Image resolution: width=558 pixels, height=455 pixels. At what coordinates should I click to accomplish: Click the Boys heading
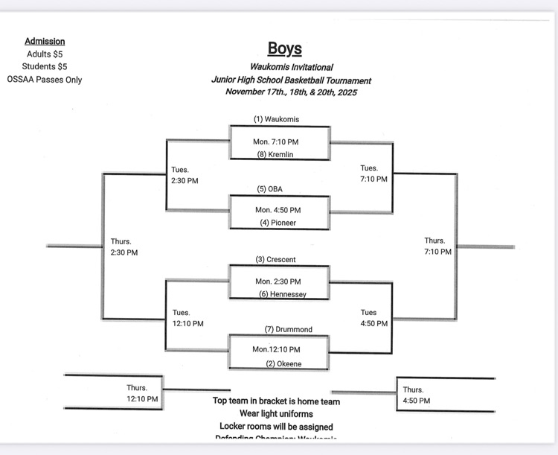(x=285, y=49)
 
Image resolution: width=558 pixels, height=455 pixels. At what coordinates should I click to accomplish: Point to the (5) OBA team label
(x=270, y=188)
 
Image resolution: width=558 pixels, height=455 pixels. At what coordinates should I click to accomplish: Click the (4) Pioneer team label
(x=278, y=223)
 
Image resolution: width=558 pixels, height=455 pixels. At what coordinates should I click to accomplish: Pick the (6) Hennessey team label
(x=283, y=294)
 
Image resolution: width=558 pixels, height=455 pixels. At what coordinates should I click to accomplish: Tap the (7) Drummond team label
(x=288, y=329)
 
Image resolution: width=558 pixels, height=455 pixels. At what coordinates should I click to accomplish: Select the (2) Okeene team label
(x=284, y=364)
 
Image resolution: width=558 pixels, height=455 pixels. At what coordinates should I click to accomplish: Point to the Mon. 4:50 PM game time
(x=278, y=210)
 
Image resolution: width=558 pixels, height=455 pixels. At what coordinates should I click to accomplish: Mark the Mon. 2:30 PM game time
(x=278, y=281)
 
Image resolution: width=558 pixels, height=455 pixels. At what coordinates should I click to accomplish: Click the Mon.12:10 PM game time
(x=276, y=349)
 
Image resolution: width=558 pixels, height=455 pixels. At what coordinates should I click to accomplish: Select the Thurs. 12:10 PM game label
(x=142, y=393)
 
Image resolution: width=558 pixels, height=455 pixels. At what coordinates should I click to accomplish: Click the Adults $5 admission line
(x=45, y=54)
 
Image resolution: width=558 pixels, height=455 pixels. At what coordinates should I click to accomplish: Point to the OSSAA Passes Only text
(x=45, y=80)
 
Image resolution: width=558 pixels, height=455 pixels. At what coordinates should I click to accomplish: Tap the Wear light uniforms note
(x=276, y=413)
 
